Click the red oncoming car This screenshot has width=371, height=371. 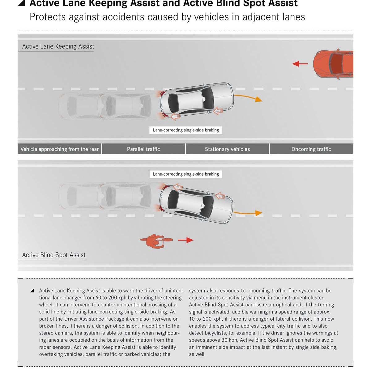(x=333, y=64)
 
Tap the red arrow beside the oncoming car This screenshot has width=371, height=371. (x=300, y=64)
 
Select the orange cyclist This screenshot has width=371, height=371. (x=156, y=241)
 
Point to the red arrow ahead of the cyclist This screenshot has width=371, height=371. (x=185, y=240)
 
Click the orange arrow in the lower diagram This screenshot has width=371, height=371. (x=248, y=213)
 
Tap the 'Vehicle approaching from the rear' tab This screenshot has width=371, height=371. (x=59, y=149)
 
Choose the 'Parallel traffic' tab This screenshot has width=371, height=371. (x=143, y=149)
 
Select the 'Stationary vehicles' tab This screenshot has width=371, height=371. (x=227, y=149)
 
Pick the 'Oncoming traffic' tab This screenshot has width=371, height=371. (x=311, y=149)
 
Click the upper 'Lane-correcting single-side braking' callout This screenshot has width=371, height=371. (x=186, y=130)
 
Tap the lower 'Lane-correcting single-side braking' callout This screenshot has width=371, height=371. (x=186, y=174)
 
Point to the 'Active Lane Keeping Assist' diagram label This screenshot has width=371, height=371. (x=58, y=46)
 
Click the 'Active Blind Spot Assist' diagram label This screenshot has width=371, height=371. (x=54, y=255)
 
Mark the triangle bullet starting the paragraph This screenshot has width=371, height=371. (x=32, y=291)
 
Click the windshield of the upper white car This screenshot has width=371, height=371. (x=207, y=98)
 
